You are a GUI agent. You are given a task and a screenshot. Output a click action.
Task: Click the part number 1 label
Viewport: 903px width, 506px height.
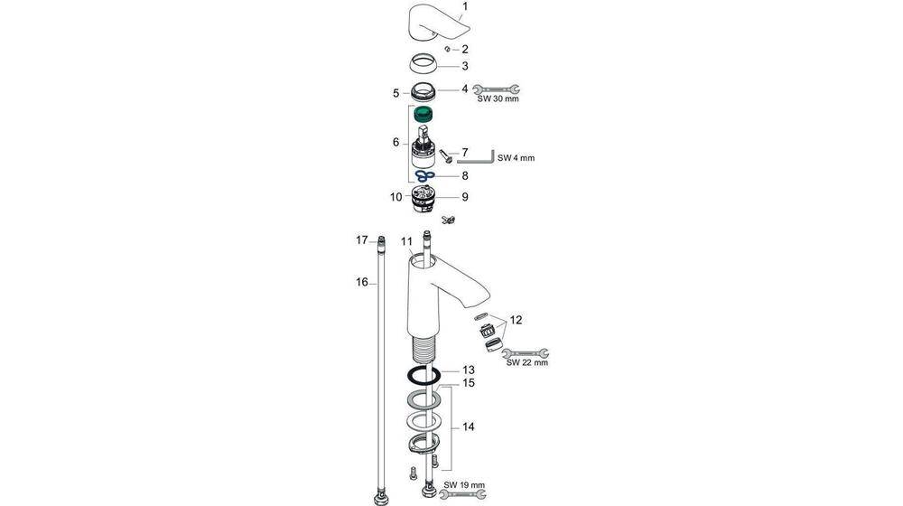tap(465, 8)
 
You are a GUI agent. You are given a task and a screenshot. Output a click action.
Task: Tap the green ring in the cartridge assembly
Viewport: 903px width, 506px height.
tap(424, 115)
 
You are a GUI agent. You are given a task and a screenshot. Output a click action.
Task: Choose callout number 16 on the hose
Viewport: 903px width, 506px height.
tap(361, 282)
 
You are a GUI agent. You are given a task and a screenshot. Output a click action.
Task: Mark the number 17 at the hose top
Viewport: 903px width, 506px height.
tap(361, 240)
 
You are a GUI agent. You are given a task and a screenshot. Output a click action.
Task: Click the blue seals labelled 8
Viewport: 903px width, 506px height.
tap(424, 175)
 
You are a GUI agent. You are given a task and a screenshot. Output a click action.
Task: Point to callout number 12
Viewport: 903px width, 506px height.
tap(516, 320)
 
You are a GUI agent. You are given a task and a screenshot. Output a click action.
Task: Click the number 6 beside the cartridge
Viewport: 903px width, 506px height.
tap(395, 142)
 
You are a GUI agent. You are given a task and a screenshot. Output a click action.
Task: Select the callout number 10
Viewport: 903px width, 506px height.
tap(396, 196)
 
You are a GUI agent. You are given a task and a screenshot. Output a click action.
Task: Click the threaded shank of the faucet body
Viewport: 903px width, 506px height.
tap(423, 347)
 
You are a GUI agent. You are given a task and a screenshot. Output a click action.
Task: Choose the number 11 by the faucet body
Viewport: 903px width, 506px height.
tap(406, 241)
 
